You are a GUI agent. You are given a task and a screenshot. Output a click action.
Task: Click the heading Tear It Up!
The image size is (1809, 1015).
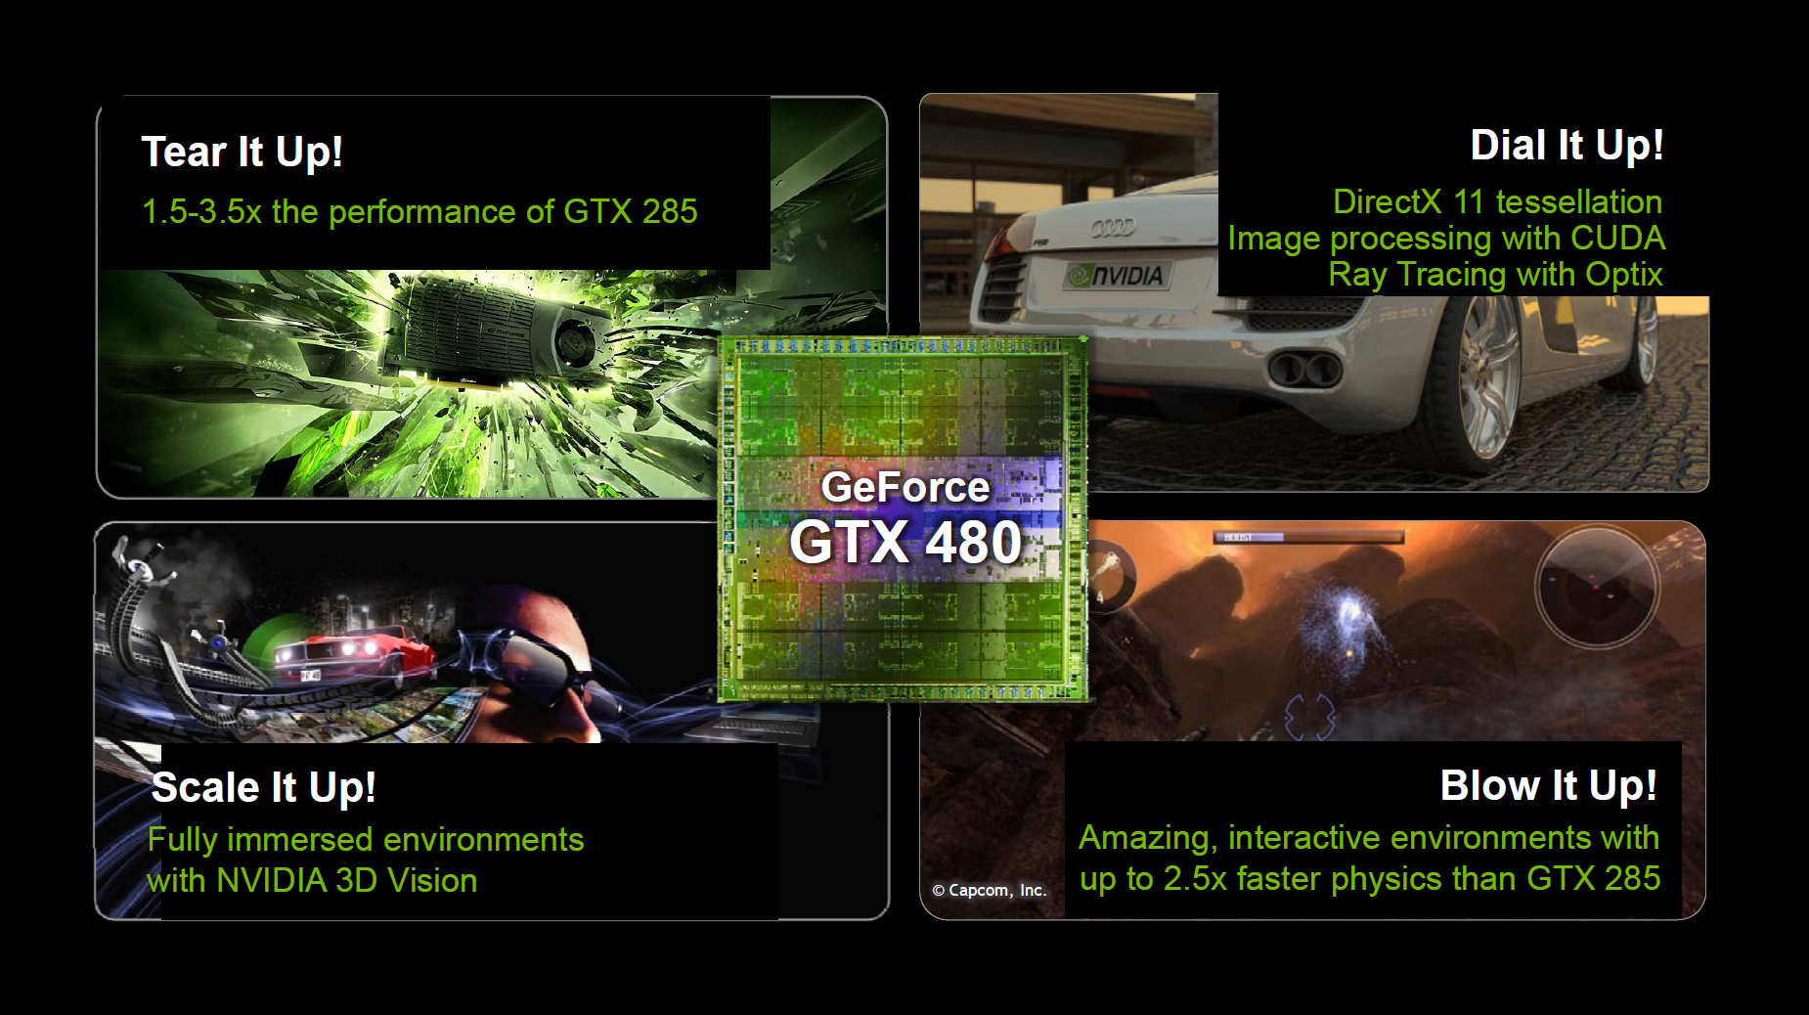[x=242, y=153]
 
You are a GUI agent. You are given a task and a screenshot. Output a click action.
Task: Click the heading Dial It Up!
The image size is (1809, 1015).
[x=1566, y=146]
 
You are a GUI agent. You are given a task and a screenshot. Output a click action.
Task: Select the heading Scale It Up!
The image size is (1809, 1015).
[x=263, y=788]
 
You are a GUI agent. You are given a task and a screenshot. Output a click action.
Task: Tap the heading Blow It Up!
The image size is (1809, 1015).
[x=1549, y=786]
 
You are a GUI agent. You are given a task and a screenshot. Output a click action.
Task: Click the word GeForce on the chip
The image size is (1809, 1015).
[x=905, y=487]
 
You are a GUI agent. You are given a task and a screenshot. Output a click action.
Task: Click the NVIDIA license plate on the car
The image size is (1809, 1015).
[x=1117, y=276]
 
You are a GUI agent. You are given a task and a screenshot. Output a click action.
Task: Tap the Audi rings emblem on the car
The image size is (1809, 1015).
[x=1113, y=228]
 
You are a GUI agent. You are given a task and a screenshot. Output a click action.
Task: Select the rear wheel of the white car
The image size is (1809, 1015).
[x=1486, y=376]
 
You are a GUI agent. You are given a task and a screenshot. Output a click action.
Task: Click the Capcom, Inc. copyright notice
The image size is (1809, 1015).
[x=990, y=891]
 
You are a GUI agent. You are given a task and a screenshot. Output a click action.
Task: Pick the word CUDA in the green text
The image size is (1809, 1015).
[x=1617, y=239]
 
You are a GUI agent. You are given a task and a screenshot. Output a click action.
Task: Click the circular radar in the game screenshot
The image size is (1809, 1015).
[x=1597, y=587]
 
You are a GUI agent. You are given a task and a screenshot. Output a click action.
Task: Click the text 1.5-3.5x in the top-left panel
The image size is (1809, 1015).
[x=201, y=212]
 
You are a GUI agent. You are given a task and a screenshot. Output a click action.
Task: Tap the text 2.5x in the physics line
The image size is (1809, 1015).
[x=1195, y=879]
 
